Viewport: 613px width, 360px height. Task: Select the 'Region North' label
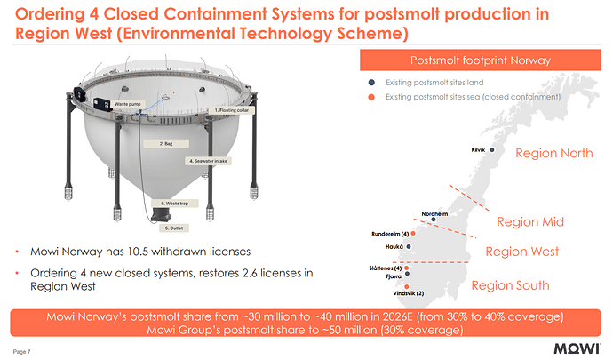(553, 153)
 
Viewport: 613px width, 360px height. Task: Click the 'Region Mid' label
(530, 221)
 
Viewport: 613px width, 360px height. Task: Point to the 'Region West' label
(521, 252)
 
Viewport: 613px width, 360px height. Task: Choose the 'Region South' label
(510, 285)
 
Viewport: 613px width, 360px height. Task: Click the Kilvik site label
(479, 149)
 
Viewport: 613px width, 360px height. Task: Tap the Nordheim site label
(434, 214)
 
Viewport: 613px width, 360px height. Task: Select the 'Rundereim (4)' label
(389, 234)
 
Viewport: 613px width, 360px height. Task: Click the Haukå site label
(395, 246)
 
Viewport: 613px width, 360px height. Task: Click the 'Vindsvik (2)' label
(409, 293)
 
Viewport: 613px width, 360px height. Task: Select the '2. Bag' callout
(165, 142)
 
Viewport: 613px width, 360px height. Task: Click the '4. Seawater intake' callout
(210, 161)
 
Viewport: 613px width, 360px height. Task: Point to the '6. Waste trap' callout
(173, 204)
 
